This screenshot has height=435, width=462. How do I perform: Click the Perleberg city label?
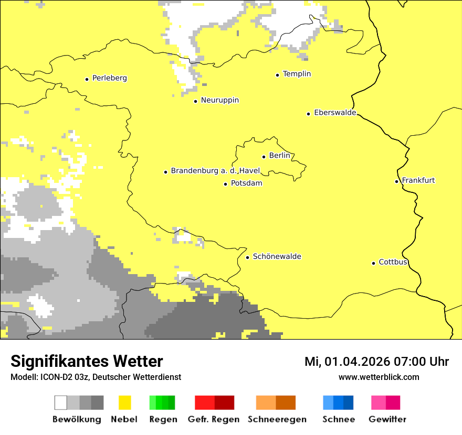click(109, 78)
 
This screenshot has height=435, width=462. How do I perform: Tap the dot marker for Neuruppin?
click(195, 101)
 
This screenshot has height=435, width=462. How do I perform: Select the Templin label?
click(297, 74)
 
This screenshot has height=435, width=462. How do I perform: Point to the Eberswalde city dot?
click(308, 113)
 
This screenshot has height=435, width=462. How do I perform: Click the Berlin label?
click(279, 156)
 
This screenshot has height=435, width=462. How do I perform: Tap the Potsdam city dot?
click(225, 184)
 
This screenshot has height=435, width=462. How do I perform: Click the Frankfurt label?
click(418, 180)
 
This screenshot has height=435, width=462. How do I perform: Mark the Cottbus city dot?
click(373, 263)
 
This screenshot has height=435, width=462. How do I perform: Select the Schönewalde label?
click(277, 256)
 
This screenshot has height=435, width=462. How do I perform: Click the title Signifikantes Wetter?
click(87, 361)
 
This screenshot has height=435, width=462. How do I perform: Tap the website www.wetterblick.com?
click(379, 377)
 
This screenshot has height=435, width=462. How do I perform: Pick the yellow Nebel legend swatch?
click(124, 403)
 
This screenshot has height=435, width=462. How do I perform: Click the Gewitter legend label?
click(387, 419)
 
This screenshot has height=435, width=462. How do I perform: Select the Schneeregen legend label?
click(277, 419)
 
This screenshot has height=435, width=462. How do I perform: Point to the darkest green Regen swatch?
click(171, 403)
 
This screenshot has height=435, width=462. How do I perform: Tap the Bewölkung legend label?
click(77, 419)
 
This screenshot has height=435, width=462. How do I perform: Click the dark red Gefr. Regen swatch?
click(224, 403)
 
